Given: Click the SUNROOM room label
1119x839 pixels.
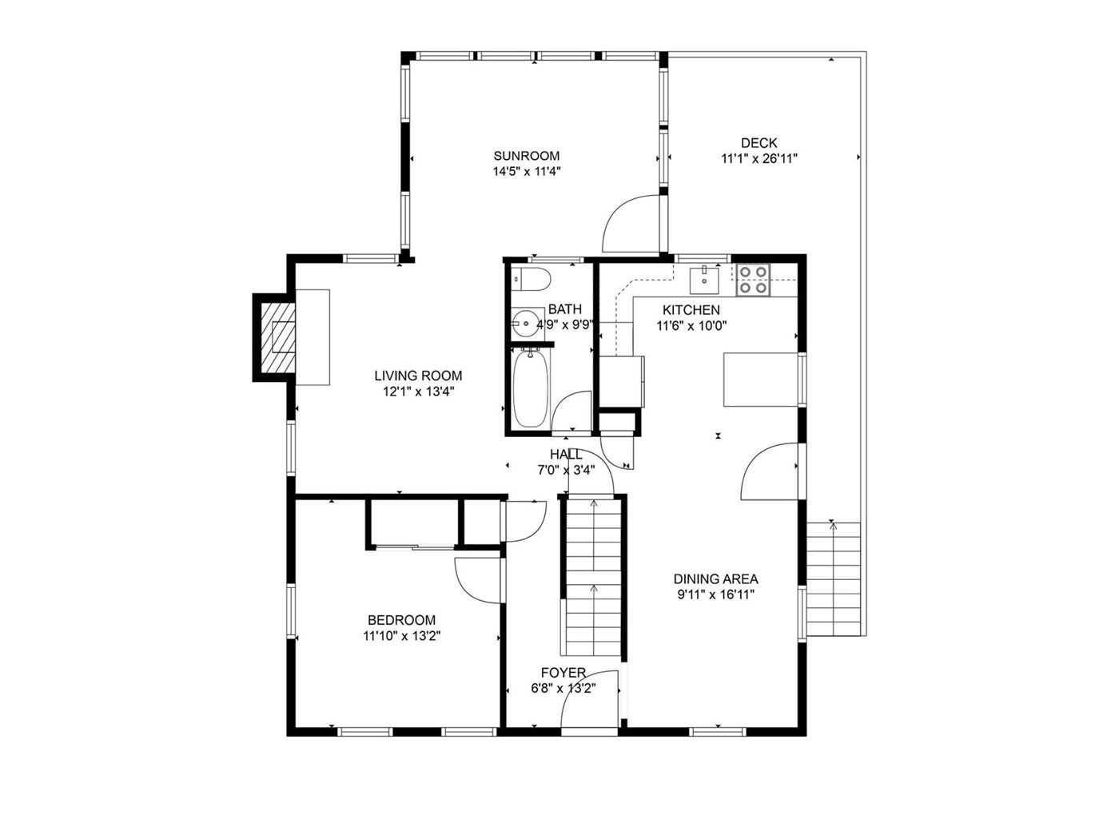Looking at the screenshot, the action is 526,155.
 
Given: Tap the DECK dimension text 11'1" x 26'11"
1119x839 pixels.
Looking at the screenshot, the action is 759,159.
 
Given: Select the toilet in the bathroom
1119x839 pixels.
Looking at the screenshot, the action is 532,279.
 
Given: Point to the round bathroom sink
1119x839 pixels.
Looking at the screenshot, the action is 524,322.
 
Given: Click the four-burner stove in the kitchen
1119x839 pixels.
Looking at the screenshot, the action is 753,280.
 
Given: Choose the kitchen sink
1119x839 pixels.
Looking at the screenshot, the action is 704,280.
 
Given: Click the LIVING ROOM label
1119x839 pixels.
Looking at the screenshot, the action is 418,376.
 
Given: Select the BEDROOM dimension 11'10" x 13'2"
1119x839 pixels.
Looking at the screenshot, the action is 402,636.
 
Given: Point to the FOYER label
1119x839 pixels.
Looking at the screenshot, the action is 563,673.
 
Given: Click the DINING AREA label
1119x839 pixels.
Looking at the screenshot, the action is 715,579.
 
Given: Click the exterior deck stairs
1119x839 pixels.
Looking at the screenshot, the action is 833,579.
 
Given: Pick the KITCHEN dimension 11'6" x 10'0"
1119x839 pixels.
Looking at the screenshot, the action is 691,325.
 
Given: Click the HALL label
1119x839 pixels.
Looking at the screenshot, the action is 566,455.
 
